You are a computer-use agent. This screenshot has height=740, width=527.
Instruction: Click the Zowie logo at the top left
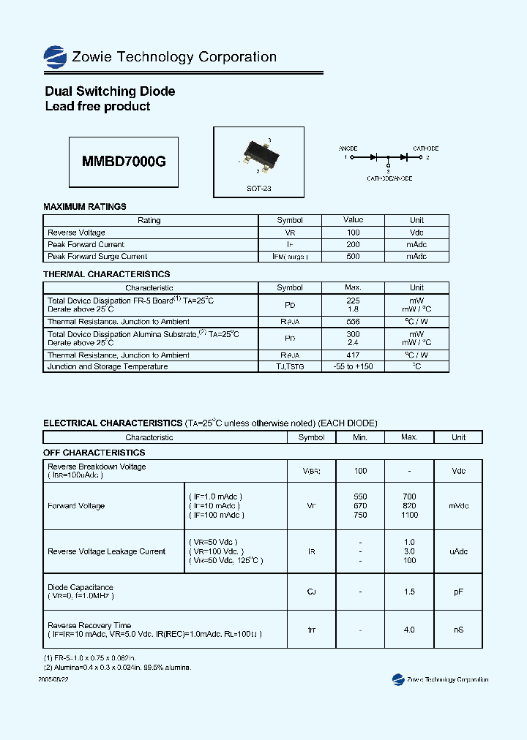click(55, 56)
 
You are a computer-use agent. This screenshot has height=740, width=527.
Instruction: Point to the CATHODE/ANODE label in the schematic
click(389, 178)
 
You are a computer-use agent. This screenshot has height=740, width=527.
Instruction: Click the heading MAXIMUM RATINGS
click(85, 207)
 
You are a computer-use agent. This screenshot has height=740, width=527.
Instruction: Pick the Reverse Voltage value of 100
click(353, 233)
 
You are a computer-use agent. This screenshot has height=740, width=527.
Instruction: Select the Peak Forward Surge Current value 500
click(353, 257)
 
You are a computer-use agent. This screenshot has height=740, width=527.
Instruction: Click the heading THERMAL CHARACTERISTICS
click(107, 274)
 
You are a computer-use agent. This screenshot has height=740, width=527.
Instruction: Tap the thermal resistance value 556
click(353, 322)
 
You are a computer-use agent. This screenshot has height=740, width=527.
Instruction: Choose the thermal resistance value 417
click(353, 355)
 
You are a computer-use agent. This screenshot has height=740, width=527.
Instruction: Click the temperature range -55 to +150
click(353, 367)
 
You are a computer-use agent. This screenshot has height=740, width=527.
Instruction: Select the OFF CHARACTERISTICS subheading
click(94, 453)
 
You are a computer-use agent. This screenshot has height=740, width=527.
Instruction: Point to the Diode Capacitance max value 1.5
click(409, 592)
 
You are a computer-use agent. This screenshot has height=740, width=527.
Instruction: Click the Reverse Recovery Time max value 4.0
click(409, 630)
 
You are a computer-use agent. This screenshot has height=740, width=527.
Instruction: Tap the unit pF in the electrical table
click(458, 592)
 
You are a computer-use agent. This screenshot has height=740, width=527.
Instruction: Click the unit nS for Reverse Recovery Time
click(458, 630)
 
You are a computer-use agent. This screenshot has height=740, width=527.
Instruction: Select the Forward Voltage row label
click(76, 506)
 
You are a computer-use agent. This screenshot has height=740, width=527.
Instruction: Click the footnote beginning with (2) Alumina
click(117, 668)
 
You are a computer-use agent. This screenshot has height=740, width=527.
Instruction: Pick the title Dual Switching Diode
click(110, 91)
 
